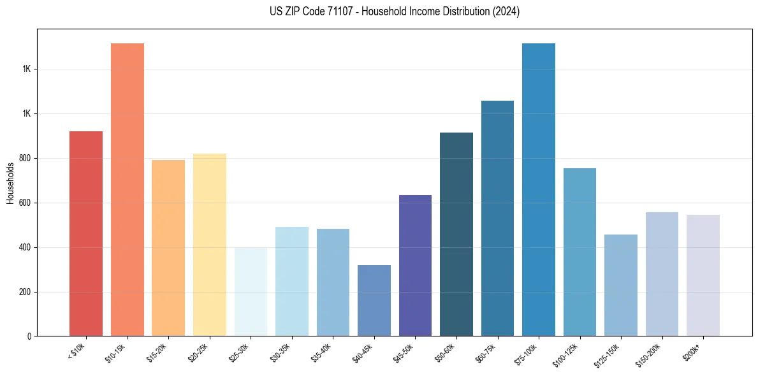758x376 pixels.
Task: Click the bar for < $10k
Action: [86, 233]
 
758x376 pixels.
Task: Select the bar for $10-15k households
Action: [128, 189]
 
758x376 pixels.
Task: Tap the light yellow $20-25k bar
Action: [210, 245]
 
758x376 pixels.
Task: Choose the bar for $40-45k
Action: [374, 300]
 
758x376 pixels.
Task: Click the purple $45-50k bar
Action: [415, 265]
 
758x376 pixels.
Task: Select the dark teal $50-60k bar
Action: [456, 234]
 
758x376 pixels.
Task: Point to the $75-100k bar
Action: [539, 189]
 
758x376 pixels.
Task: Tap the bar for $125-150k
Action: [621, 285]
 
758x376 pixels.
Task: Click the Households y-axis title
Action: [10, 183]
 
